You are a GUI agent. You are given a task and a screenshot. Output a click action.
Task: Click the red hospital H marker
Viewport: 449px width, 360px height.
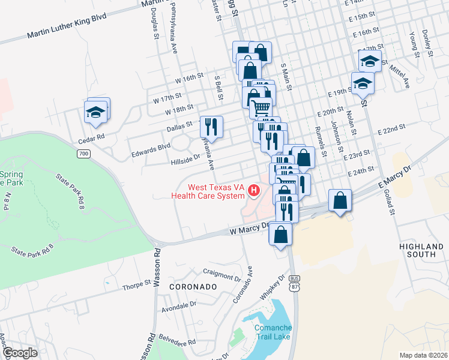[x=254, y=191]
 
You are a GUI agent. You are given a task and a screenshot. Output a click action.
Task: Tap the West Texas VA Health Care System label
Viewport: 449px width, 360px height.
[x=208, y=191]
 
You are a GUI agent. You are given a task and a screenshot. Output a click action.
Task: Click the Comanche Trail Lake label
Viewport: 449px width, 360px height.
[x=273, y=332]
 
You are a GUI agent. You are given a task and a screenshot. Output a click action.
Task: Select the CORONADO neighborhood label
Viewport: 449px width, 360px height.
[x=192, y=287]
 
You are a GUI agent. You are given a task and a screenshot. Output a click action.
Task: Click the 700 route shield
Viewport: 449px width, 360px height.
[x=83, y=154]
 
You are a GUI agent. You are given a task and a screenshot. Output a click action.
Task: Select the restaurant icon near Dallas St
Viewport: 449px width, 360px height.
[x=211, y=127]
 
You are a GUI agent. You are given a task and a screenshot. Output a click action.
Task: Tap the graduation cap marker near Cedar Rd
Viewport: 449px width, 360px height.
[x=96, y=112]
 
